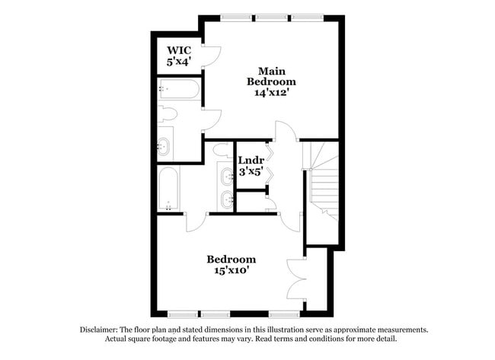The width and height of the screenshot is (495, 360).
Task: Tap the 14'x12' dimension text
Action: (x=271, y=92)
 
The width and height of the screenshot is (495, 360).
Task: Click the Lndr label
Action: (x=251, y=161)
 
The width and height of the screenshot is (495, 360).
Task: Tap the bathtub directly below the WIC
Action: (x=180, y=90)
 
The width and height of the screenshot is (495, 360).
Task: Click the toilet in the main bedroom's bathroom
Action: (x=168, y=116)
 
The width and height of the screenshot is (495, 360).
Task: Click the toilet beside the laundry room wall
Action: (x=222, y=150)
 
